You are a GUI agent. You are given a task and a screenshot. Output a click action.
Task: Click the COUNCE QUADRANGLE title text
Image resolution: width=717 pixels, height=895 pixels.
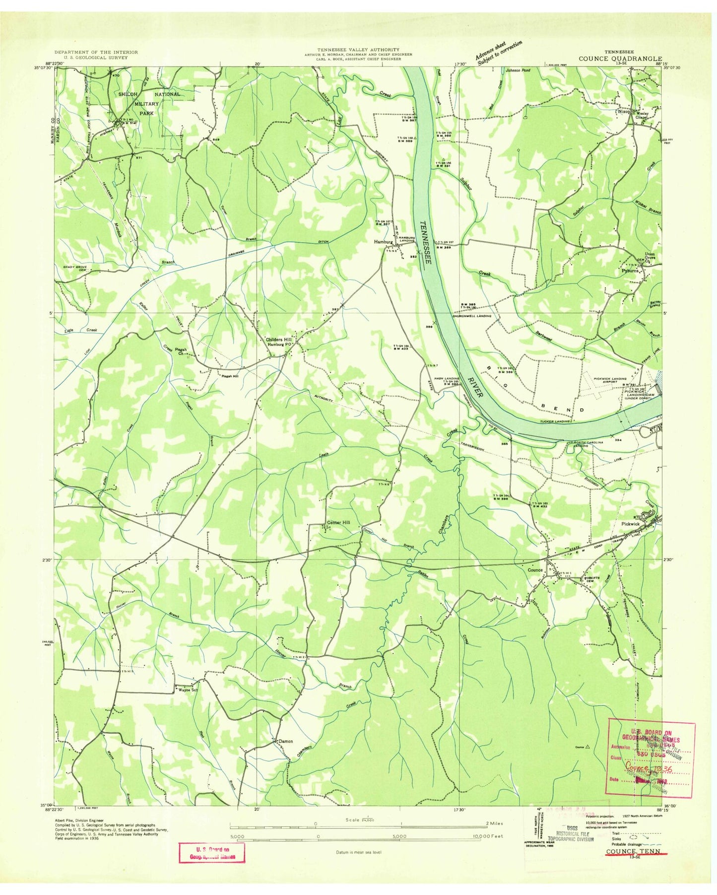(x=620, y=58)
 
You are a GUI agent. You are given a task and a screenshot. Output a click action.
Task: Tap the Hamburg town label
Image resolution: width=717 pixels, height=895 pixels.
(x=383, y=242)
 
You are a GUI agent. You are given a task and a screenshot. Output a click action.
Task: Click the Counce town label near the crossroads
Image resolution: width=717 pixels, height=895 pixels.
(x=535, y=570)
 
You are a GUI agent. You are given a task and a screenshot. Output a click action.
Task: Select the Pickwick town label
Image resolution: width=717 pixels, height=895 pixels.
(x=631, y=524)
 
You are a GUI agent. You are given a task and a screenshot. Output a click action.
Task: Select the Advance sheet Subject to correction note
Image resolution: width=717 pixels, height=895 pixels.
(x=498, y=53)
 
